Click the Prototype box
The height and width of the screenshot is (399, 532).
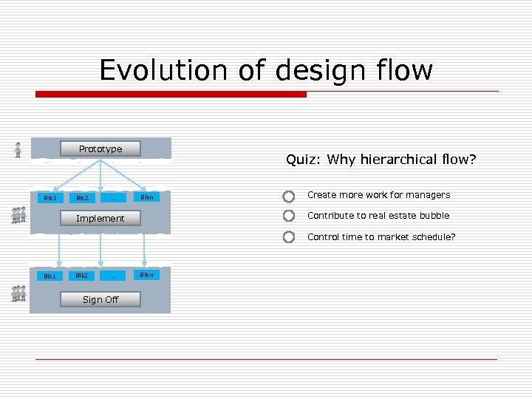click(100, 149)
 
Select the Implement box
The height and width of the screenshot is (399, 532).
click(100, 219)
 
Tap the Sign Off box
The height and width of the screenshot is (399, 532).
click(100, 299)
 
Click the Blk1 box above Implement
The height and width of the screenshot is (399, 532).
click(50, 198)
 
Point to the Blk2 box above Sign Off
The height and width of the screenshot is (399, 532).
click(81, 276)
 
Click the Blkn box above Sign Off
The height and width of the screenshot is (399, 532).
click(146, 275)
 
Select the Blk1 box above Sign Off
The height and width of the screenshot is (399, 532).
click(50, 276)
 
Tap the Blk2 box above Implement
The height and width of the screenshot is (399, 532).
click(81, 198)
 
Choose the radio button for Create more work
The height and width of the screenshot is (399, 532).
click(289, 197)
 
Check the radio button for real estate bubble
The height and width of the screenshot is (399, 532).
click(289, 216)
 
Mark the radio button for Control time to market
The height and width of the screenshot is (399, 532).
click(289, 237)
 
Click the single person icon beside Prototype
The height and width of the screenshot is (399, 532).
click(18, 150)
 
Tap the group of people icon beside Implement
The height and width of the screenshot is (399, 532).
click(18, 215)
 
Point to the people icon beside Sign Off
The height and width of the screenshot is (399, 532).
click(18, 293)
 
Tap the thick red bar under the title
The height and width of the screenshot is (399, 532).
click(171, 95)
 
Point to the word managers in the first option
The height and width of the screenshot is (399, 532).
click(427, 195)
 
